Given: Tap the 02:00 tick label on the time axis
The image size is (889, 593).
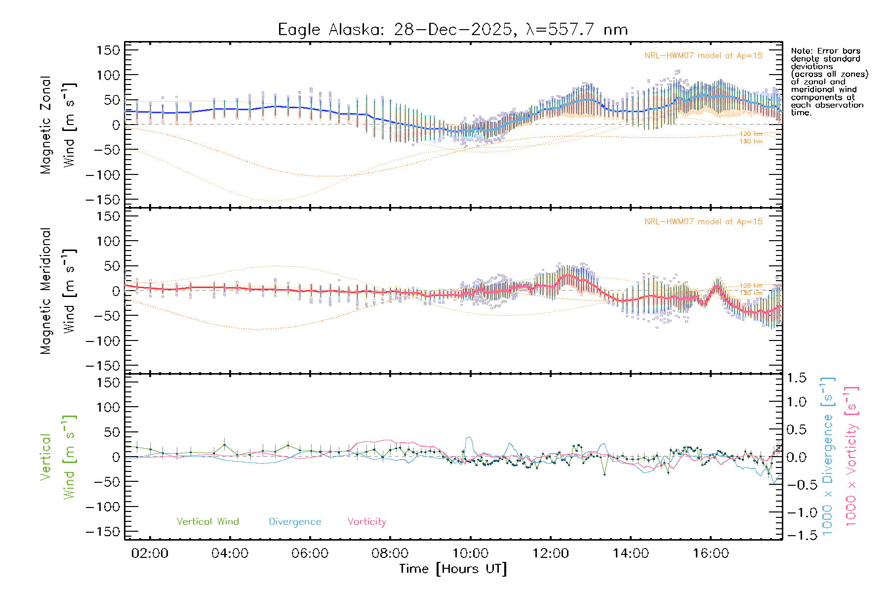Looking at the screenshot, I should (150, 553).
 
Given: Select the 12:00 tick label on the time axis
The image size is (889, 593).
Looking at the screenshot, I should (550, 553).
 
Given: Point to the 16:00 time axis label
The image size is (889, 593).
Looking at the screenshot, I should (710, 553).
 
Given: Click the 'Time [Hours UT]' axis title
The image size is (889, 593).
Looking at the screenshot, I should (453, 569).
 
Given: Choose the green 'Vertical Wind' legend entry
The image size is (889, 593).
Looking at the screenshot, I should (207, 521).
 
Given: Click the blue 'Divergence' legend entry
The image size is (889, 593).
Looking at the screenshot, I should (295, 521).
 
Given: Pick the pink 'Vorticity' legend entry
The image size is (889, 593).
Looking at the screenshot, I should (366, 521).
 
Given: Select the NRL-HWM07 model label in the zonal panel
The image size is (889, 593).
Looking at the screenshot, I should (703, 55).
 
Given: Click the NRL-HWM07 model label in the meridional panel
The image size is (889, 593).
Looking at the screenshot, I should (703, 221).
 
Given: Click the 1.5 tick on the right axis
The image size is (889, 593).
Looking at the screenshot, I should (797, 378).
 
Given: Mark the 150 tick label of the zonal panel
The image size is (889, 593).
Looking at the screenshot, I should (108, 50).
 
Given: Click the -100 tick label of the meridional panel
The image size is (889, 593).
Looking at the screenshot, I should (103, 341).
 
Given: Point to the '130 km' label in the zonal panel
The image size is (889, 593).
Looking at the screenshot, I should (751, 141).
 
